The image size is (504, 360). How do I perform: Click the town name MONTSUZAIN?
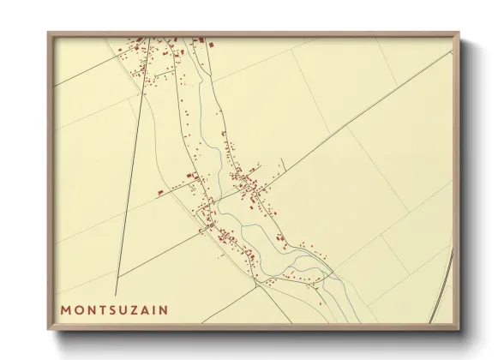tap(114, 309)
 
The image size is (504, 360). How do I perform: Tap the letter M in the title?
tap(65, 309)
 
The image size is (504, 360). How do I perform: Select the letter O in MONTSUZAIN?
tap(78, 309)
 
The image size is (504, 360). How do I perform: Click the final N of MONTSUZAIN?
tap(164, 309)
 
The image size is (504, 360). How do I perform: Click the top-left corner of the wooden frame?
tap(49, 33)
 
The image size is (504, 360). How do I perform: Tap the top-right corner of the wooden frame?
tap(459, 33)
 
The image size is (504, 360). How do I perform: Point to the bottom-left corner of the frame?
tap(49, 329)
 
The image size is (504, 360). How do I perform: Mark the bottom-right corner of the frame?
tap(459, 329)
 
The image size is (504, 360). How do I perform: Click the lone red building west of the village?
tap(159, 193)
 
